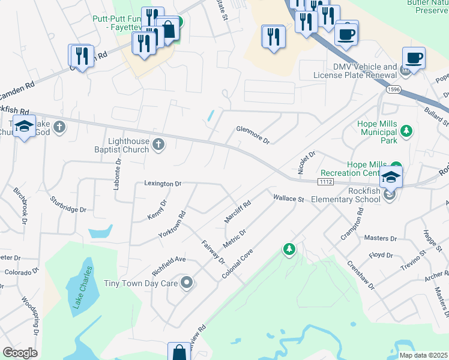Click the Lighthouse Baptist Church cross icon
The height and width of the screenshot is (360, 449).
tap(158, 143)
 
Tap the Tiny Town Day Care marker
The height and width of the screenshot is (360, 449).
tap(187, 282)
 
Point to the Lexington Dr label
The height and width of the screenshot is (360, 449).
tap(162, 184)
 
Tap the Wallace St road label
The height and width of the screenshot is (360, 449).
tap(289, 198)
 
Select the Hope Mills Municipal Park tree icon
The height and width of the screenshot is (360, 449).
tap(406, 131)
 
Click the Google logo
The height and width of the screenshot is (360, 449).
tap(20, 353)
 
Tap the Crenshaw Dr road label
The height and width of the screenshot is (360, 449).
tap(361, 275)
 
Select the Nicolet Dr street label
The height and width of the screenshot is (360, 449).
tap(303, 161)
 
